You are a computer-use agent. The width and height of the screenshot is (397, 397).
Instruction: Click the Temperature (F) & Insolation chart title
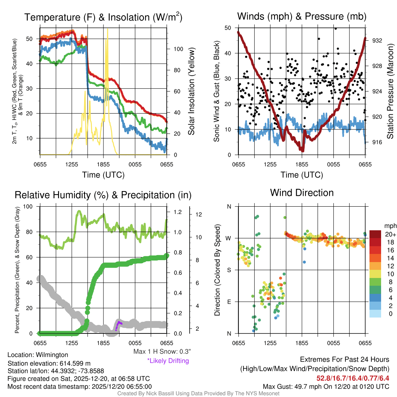(103, 17)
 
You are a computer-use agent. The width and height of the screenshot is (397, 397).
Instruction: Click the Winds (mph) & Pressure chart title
(302, 16)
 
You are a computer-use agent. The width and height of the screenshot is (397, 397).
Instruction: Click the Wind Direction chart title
(302, 193)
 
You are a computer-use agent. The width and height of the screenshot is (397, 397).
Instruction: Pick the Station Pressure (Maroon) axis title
(390, 91)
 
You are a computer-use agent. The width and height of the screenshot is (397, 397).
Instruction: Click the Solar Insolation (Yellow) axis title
(191, 91)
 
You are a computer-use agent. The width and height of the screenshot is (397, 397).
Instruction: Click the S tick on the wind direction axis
(229, 270)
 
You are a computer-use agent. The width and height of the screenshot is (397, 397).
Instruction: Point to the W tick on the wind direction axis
(229, 238)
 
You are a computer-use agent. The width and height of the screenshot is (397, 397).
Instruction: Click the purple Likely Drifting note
(167, 361)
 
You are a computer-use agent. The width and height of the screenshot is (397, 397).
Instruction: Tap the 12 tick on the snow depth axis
(198, 214)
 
